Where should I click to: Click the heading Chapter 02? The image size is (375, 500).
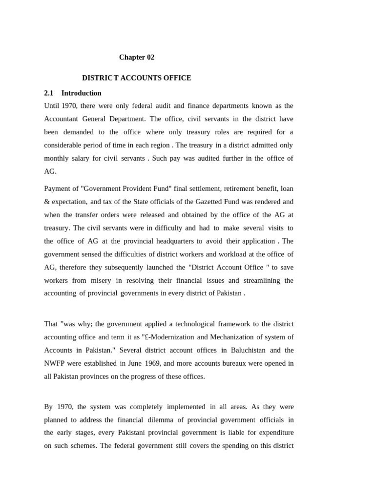(137, 57)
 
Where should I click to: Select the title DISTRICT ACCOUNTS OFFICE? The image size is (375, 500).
(137, 78)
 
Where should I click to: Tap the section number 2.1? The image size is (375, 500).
(48, 93)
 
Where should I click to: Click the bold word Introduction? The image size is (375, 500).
(82, 93)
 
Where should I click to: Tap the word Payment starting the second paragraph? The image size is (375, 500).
(58, 188)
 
